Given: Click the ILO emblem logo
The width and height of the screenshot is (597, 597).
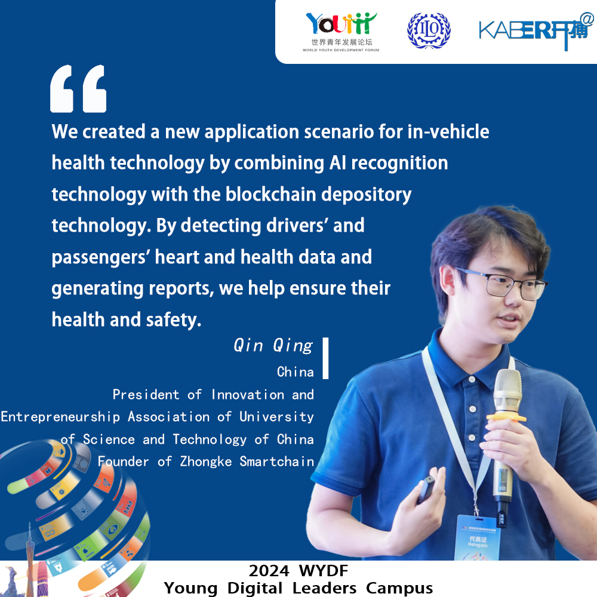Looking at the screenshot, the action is coord(429,30).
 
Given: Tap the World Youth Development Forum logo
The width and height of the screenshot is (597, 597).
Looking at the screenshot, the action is coord(341,32).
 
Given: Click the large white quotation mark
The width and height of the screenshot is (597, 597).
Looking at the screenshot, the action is coord(78,89).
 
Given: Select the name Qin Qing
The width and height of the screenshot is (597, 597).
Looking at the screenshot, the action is coord(273,346).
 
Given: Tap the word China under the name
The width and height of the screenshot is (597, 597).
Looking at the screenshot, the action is coord(296,371).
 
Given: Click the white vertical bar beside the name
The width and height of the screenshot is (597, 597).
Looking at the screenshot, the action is coord(325,358).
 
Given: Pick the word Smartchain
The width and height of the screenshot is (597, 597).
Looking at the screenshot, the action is coord(277,461).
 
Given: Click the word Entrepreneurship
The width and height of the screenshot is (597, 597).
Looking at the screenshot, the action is coord(60,417).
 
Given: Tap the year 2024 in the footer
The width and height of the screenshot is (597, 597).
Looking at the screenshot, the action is coord(269,571).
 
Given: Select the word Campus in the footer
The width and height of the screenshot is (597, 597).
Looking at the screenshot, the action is coord(399,589).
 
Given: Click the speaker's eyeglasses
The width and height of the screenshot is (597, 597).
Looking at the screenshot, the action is coord(503,284).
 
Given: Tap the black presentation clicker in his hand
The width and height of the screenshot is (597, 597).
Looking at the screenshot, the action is coord(426,490).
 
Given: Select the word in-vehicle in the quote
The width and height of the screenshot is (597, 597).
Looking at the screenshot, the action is coord(448,132).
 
